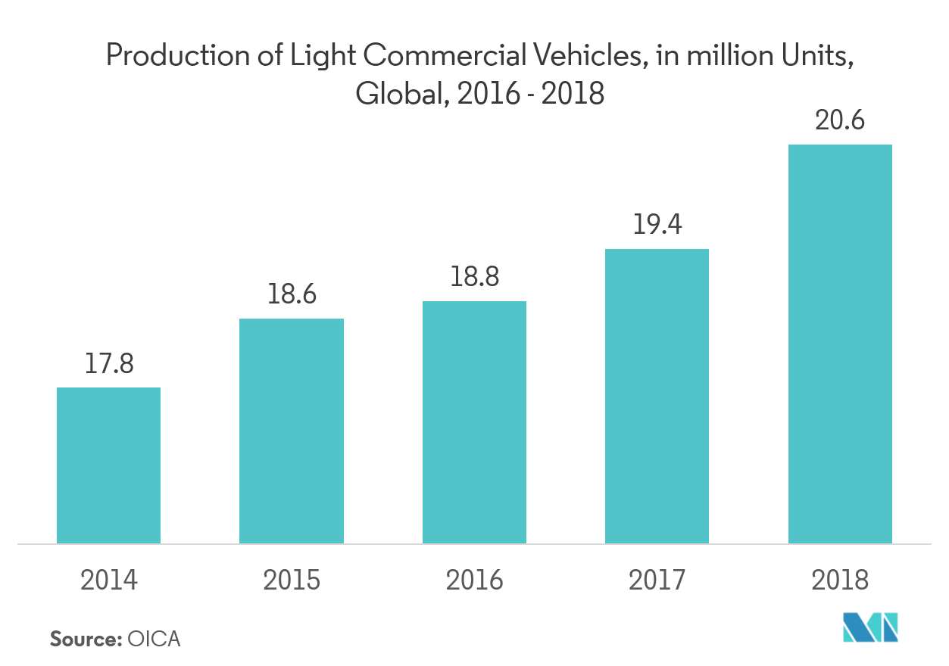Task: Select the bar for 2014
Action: pos(108,465)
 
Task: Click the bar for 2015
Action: pos(291,431)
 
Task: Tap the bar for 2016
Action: pos(474,422)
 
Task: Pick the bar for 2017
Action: pos(657,396)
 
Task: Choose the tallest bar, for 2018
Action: pos(840,344)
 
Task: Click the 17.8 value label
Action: pos(109,364)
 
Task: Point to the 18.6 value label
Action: pos(292,294)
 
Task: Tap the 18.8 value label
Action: pos(474,277)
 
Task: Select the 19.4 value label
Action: pos(657,225)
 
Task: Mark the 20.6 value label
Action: pos(840,120)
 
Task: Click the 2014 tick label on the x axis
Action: pos(109,580)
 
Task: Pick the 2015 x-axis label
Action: pos(292,580)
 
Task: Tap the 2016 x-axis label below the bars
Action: pos(474,580)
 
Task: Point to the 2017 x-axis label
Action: pos(657,580)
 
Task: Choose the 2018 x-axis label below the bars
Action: pos(840,580)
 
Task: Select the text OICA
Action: pos(155,639)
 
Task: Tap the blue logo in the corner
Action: pos(871,627)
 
